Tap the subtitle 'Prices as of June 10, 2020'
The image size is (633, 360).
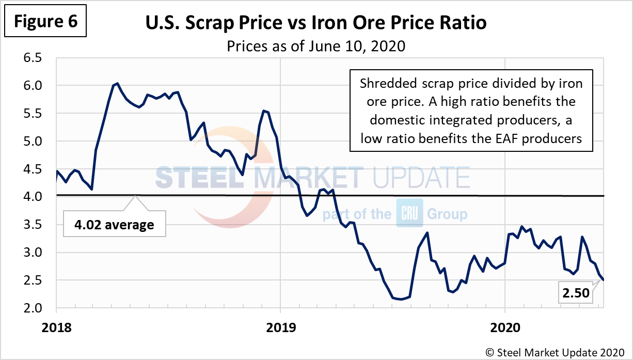coord(316,46)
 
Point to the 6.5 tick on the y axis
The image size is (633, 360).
coord(37,58)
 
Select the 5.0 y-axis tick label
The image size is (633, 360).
coord(37,141)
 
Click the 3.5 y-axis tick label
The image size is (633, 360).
coord(37,225)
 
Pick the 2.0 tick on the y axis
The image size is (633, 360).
coord(37,308)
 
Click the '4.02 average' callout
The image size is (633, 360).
coord(114,225)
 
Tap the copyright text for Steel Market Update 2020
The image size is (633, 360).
coord(556,352)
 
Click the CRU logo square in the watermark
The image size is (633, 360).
coord(409,213)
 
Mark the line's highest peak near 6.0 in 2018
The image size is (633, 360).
coord(117,83)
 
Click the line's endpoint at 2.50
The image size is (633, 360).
coord(604,280)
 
